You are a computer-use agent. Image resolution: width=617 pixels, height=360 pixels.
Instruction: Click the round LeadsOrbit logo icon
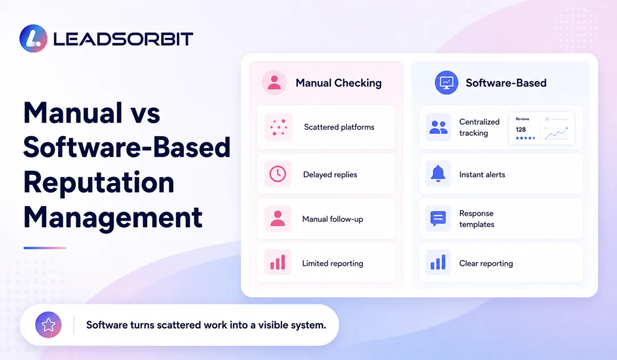33,38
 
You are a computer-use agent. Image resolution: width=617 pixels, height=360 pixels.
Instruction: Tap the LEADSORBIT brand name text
123,39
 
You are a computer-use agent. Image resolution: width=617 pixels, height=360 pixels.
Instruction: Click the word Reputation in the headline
99,183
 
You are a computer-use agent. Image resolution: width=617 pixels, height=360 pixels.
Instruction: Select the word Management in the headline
113,218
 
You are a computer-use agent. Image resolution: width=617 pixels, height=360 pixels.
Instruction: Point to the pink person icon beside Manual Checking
274,83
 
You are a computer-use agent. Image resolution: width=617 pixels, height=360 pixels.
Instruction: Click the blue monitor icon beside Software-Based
446,83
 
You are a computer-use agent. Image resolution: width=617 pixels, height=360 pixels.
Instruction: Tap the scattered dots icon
279,127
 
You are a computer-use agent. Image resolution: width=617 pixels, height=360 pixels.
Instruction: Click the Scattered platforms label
339,127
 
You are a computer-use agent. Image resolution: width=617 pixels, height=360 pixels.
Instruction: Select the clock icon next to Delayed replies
278,174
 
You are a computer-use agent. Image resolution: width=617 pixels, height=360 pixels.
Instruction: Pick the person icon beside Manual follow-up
278,219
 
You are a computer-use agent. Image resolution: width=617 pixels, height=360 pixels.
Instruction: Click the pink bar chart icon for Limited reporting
278,262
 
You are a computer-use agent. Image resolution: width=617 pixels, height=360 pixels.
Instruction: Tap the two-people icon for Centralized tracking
438,127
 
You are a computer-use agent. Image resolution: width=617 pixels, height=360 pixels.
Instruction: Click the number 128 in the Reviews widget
520,130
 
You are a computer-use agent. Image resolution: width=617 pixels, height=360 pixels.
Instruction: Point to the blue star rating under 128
525,138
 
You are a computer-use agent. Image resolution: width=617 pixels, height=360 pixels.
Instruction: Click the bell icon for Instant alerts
438,174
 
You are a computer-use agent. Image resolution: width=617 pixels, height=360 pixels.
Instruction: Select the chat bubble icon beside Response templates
438,219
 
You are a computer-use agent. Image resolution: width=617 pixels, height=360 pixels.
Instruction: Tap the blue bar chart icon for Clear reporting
438,262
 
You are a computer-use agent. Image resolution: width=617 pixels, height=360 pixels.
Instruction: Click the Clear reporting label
486,263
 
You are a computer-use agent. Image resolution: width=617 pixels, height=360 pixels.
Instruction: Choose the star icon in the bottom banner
48,325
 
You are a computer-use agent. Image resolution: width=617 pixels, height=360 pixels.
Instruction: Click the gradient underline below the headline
45,248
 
